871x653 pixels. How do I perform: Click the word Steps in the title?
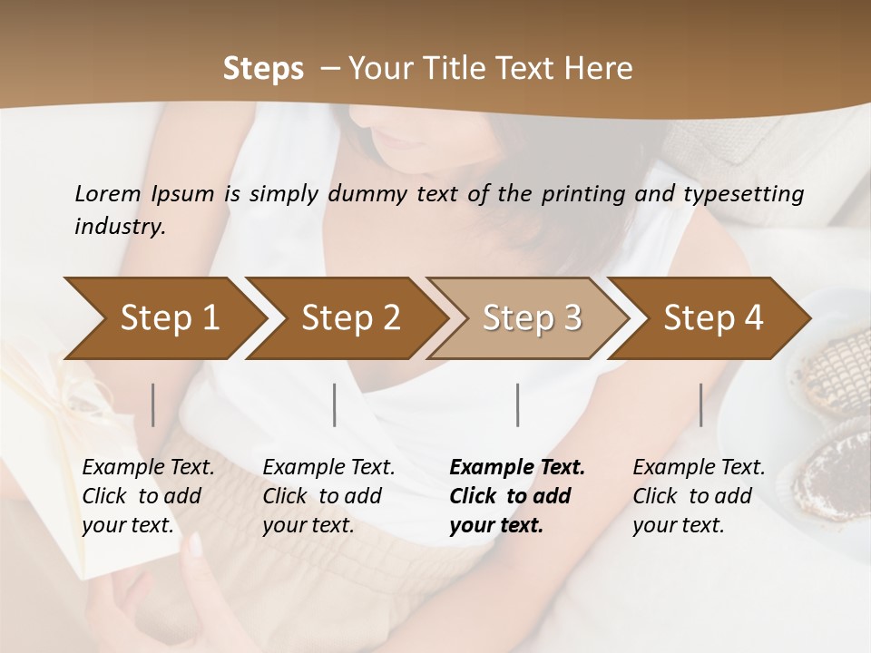point(263,69)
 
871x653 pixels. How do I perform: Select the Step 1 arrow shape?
point(163,318)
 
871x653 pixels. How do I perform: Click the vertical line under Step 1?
point(153,404)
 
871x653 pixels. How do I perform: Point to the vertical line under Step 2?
point(335,404)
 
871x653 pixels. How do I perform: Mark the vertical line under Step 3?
point(518,404)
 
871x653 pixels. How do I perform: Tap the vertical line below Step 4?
point(700,404)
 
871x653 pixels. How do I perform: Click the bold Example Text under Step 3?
point(517,468)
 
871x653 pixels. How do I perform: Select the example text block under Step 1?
point(148,496)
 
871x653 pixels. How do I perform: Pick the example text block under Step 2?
point(328,496)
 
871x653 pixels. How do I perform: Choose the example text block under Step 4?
point(699,496)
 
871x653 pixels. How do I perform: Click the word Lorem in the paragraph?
point(108,194)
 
